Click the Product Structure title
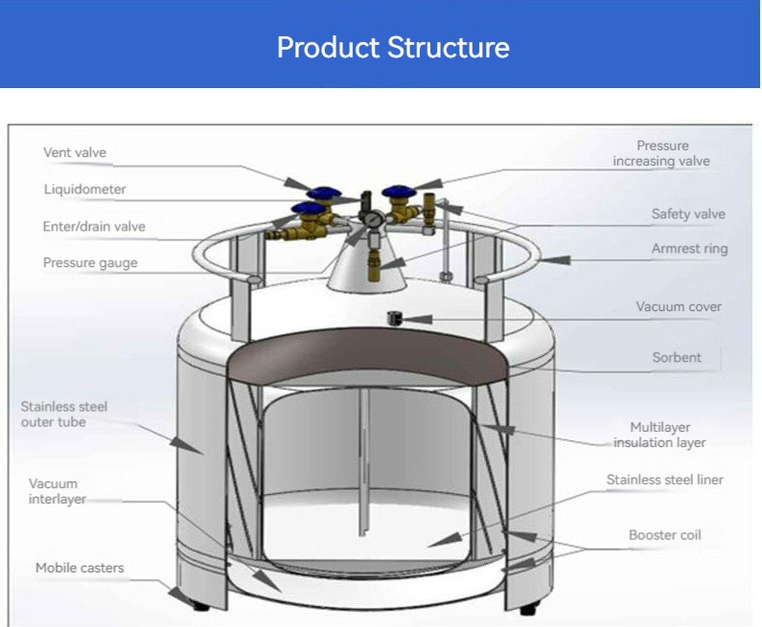pos(393,47)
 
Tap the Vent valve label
pos(75,153)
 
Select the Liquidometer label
pos(84,190)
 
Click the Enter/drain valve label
pos(94,227)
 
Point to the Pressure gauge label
pos(90,263)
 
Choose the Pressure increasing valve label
pos(662,153)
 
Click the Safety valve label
pos(688,214)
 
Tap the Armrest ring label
pos(689,249)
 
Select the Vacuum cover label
pos(679,307)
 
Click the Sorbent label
pos(677,357)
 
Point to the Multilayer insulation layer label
pos(660,435)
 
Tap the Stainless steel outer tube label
pos(64,414)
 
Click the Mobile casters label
pos(80,568)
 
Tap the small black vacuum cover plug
pos(393,317)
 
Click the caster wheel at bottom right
pos(526,609)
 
